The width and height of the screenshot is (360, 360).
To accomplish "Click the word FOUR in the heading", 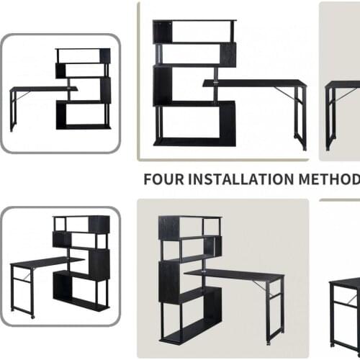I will click(163, 179).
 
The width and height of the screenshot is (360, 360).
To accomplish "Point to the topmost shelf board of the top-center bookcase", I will click(193, 22).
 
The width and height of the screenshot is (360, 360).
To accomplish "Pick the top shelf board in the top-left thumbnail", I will click(83, 50).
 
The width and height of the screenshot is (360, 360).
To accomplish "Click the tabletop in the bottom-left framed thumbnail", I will click(47, 261).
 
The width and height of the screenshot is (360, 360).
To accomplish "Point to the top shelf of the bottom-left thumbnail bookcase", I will click(81, 217).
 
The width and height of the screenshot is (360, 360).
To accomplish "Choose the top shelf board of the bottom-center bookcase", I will click(190, 218).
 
